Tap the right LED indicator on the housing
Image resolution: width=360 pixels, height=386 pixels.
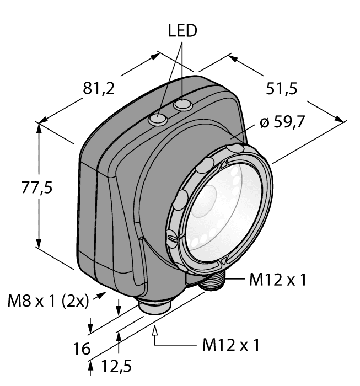tap(180, 105)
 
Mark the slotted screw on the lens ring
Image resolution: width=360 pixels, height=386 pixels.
tap(173, 239)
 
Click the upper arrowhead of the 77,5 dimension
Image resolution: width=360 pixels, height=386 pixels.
tap(39, 127)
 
